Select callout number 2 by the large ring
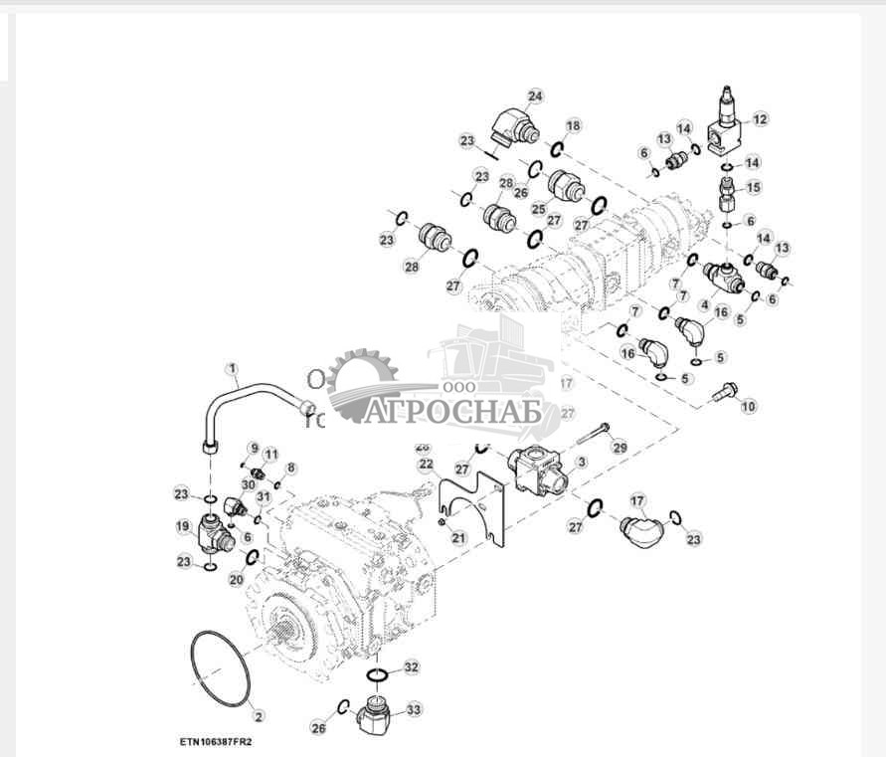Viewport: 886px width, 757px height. pyautogui.click(x=258, y=715)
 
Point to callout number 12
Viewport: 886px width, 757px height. pyautogui.click(x=760, y=119)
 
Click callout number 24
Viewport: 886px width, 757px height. pyautogui.click(x=536, y=96)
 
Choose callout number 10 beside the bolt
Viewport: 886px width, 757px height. pyautogui.click(x=749, y=406)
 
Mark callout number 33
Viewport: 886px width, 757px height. pyautogui.click(x=413, y=709)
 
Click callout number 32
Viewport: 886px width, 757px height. pyautogui.click(x=412, y=666)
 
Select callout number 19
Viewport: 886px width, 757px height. pyautogui.click(x=184, y=527)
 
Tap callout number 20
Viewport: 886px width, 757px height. pyautogui.click(x=236, y=579)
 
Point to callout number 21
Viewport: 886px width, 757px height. pyautogui.click(x=458, y=538)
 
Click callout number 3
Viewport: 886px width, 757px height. pyautogui.click(x=582, y=462)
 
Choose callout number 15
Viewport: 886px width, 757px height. pyautogui.click(x=753, y=187)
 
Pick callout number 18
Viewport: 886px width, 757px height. pyautogui.click(x=574, y=125)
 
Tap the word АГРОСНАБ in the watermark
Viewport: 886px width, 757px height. pyautogui.click(x=452, y=411)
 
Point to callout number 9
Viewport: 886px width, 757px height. pyautogui.click(x=254, y=448)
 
